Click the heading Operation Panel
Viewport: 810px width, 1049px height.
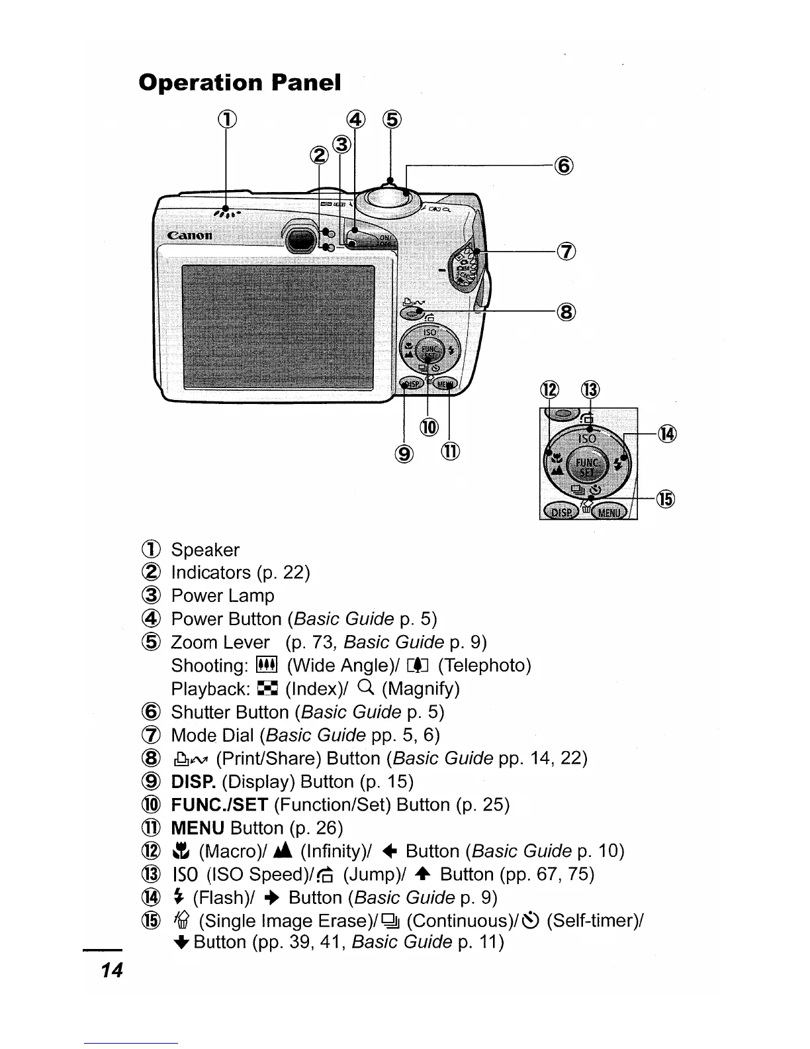(240, 83)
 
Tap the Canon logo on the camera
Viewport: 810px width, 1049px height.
(190, 235)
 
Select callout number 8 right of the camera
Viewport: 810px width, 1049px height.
(566, 311)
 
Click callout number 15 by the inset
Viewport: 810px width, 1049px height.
(666, 499)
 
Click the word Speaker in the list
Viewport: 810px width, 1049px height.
(205, 550)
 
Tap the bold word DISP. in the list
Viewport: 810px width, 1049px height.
(193, 782)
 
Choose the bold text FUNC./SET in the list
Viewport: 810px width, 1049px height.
(219, 805)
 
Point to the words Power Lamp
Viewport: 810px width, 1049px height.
(222, 596)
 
